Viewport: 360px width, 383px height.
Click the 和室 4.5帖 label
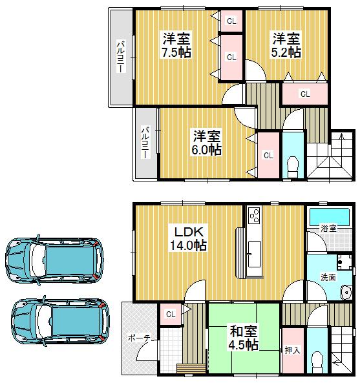(244, 338)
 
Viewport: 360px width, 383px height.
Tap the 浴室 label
(328, 228)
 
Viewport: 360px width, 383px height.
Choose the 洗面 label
(328, 277)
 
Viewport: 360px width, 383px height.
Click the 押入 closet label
(292, 351)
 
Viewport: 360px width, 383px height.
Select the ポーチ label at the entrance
(138, 338)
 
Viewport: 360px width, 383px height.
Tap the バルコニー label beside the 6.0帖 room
(145, 143)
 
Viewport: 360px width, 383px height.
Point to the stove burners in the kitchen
(253, 214)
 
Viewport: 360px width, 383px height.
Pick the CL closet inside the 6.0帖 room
(268, 155)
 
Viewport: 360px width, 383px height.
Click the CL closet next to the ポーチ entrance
(171, 315)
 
